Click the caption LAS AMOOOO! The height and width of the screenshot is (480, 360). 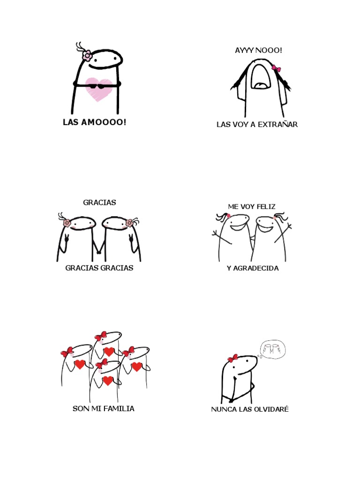pyautogui.click(x=95, y=122)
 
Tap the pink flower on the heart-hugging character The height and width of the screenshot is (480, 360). pyautogui.click(x=87, y=55)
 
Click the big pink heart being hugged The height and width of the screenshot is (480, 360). pyautogui.click(x=99, y=90)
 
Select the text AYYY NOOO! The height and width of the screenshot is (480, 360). pyautogui.click(x=259, y=50)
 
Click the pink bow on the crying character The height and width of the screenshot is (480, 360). pyautogui.click(x=276, y=69)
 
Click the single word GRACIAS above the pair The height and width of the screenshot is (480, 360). pyautogui.click(x=99, y=202)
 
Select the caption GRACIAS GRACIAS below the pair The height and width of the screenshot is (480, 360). pyautogui.click(x=99, y=268)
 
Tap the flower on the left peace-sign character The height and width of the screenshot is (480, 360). pyautogui.click(x=67, y=223)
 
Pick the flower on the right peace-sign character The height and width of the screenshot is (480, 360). pyautogui.click(x=130, y=223)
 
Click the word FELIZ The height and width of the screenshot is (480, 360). pyautogui.click(x=266, y=206)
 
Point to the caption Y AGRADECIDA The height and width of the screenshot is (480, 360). pyautogui.click(x=253, y=268)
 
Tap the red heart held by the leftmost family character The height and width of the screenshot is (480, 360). pyautogui.click(x=80, y=364)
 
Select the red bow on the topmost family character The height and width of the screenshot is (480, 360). pyautogui.click(x=101, y=336)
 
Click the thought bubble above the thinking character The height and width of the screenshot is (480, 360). pyautogui.click(x=272, y=349)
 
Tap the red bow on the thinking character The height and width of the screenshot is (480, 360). pyautogui.click(x=233, y=359)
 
